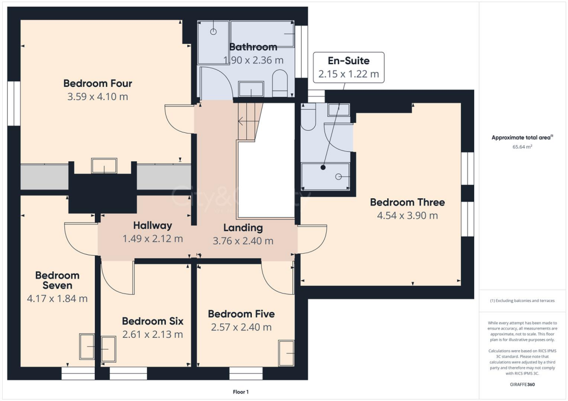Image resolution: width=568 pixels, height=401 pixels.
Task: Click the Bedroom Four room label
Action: (98, 84)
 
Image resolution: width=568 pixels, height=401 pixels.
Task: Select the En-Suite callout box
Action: (348, 67)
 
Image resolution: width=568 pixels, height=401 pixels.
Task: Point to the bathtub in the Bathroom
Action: (262, 34)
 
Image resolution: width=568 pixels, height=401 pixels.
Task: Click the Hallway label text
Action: (153, 225)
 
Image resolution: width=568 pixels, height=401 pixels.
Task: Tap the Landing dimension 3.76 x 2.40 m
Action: (243, 241)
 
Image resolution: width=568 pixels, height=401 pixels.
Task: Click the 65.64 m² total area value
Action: (521, 147)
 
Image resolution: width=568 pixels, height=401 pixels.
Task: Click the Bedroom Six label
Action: (153, 321)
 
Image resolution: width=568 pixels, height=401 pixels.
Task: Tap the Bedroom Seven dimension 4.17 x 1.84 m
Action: (57, 299)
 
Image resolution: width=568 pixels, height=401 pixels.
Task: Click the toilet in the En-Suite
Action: (308, 117)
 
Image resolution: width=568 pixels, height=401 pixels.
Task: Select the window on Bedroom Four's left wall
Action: (13, 103)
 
